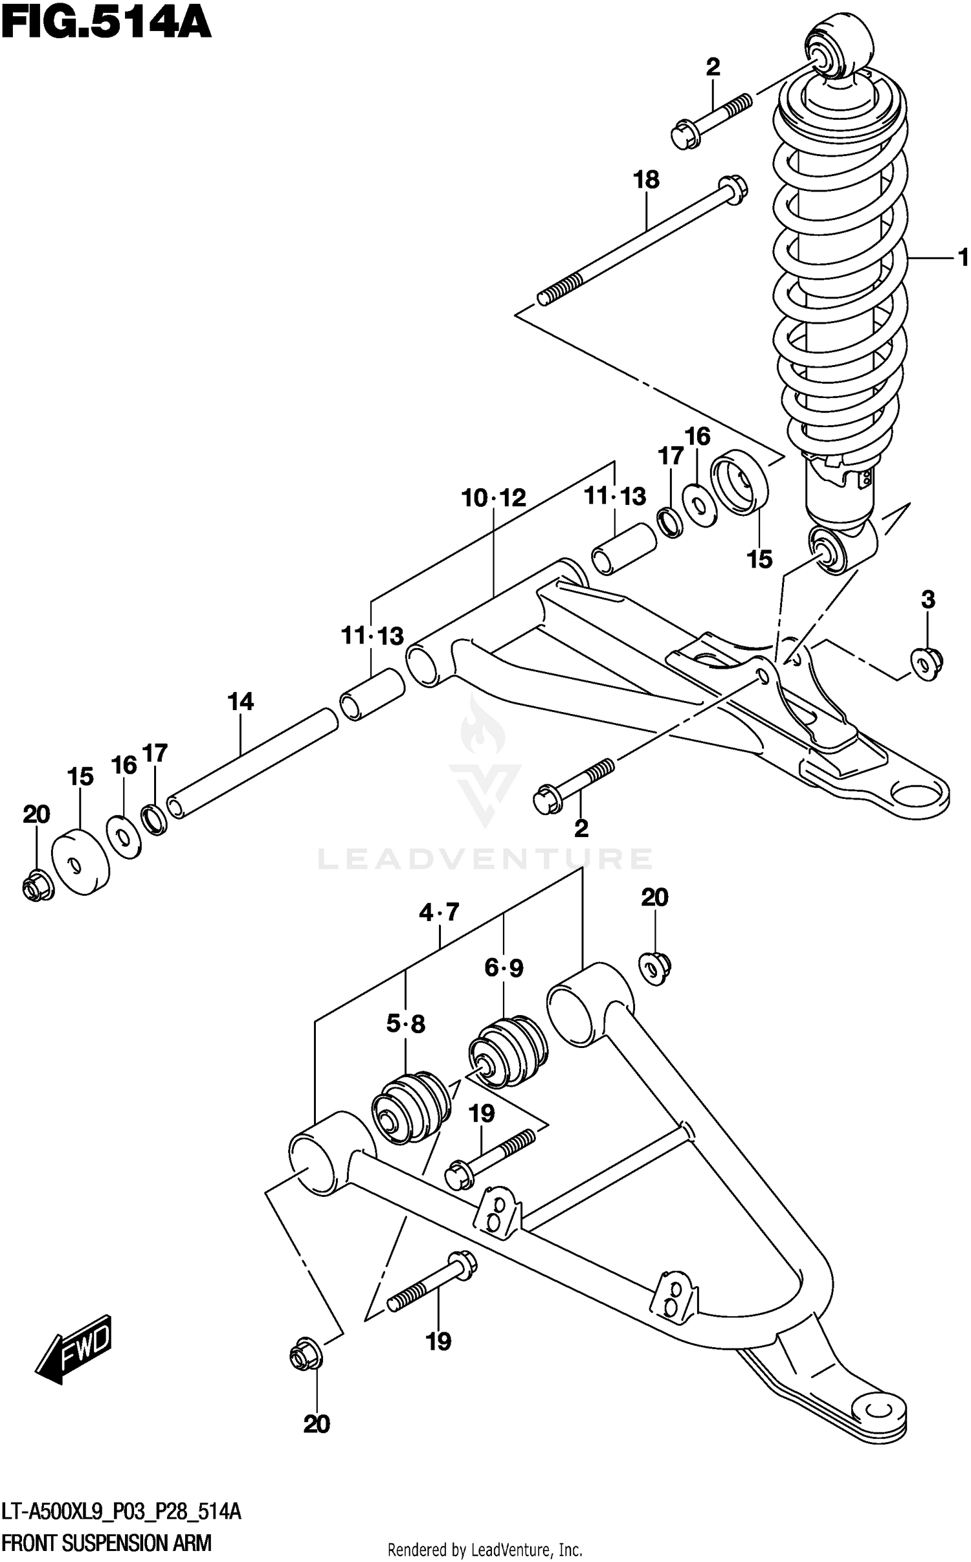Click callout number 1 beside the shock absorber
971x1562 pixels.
pyautogui.click(x=963, y=258)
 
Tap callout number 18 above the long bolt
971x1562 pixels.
pyautogui.click(x=646, y=179)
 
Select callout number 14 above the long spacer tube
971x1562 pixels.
pyautogui.click(x=240, y=702)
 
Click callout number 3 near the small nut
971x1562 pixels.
pyautogui.click(x=928, y=599)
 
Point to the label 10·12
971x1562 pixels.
pyautogui.click(x=493, y=498)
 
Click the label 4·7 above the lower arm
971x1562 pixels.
pyautogui.click(x=439, y=913)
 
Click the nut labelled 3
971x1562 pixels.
pyautogui.click(x=926, y=661)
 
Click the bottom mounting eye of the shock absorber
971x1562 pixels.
pyautogui.click(x=832, y=550)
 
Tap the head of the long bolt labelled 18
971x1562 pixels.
pyautogui.click(x=731, y=190)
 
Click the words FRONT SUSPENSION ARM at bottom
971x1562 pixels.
pyautogui.click(x=107, y=1543)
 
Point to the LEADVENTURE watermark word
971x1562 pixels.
pyautogui.click(x=485, y=860)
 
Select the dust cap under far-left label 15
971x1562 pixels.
pyautogui.click(x=79, y=863)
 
